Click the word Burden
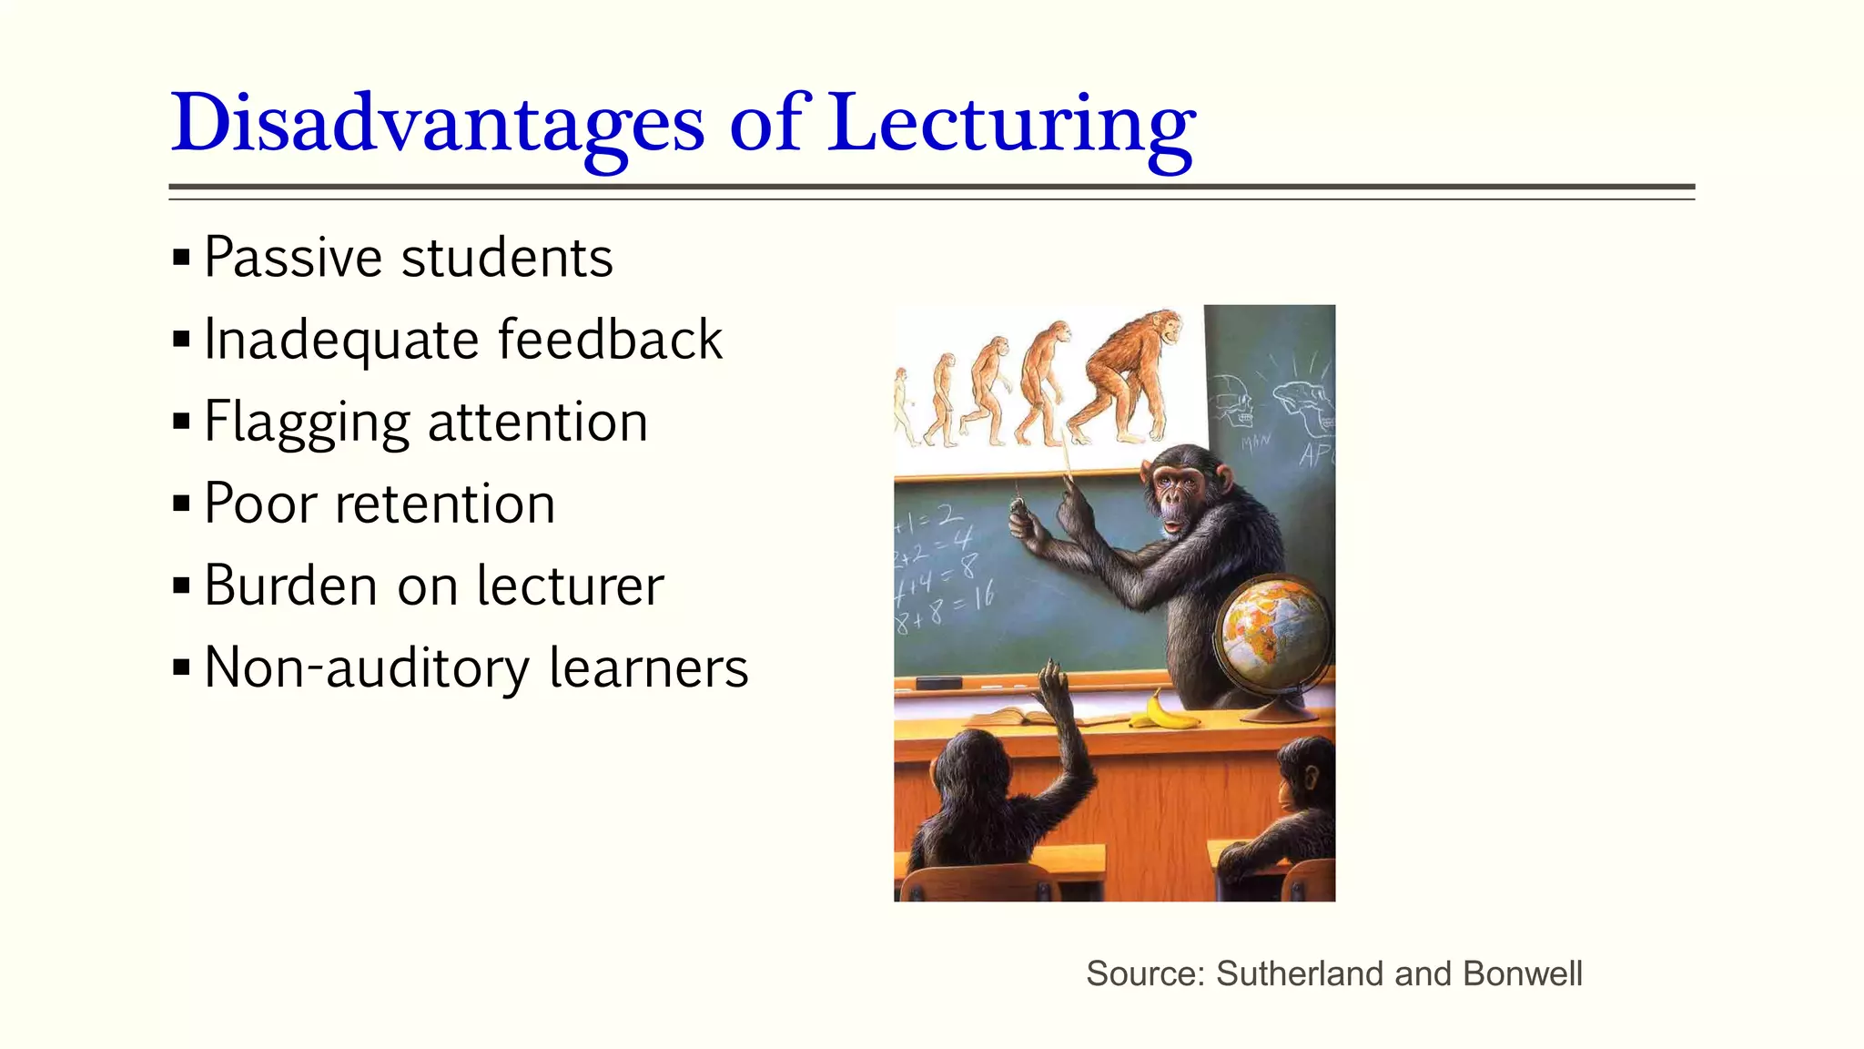tap(290, 586)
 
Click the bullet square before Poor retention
tap(181, 504)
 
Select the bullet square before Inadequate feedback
tap(181, 340)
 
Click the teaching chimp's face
tap(1179, 496)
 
